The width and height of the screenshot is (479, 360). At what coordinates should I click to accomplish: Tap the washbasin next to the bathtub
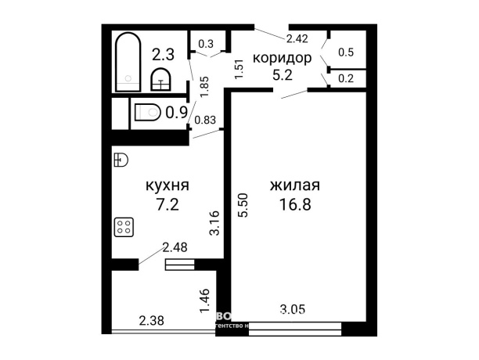[160, 78]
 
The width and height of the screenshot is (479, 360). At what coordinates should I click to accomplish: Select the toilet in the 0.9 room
[148, 112]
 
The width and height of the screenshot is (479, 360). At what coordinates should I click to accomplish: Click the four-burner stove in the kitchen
[124, 228]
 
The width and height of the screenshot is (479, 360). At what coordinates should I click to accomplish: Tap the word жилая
[294, 187]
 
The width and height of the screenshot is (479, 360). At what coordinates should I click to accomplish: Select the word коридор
[282, 58]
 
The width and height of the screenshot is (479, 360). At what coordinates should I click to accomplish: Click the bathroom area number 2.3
[164, 54]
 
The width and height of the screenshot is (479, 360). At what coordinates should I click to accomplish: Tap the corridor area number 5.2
[282, 76]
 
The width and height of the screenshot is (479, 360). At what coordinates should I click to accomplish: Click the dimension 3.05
[294, 311]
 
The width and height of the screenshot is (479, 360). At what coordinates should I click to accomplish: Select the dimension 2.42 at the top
[297, 38]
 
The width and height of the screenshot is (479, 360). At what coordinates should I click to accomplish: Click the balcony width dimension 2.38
[152, 319]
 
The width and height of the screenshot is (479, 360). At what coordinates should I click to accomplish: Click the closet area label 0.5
[345, 52]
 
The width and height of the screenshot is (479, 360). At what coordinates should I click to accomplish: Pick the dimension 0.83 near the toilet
[204, 120]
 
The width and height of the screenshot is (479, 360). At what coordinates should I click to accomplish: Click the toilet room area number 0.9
[176, 112]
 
